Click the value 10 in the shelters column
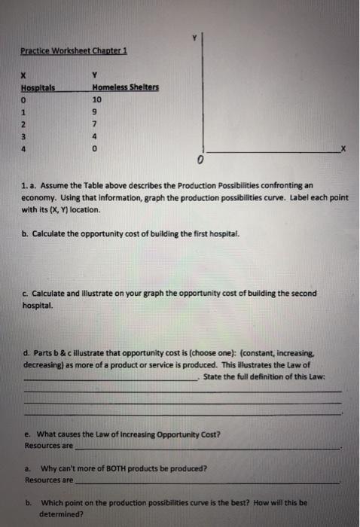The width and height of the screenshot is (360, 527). pos(96,99)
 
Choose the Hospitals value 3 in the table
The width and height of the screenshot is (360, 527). pos(25,136)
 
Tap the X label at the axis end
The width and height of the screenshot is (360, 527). pos(344,151)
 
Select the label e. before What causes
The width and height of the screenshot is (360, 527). pos(27,434)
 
